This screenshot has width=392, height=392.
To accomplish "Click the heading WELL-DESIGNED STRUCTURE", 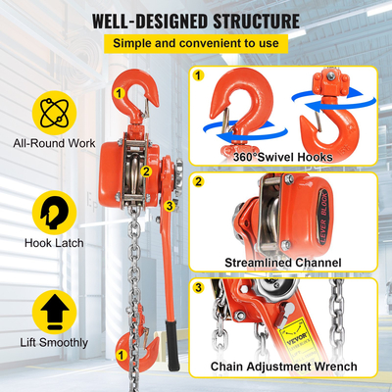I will (x=195, y=20).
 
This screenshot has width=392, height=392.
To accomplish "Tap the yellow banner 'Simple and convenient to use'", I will (x=195, y=44).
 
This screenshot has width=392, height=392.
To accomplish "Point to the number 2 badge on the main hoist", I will (x=145, y=171).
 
